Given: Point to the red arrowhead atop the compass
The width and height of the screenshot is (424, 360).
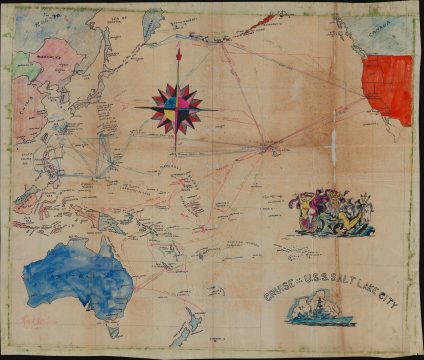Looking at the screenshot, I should pos(178,53).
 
